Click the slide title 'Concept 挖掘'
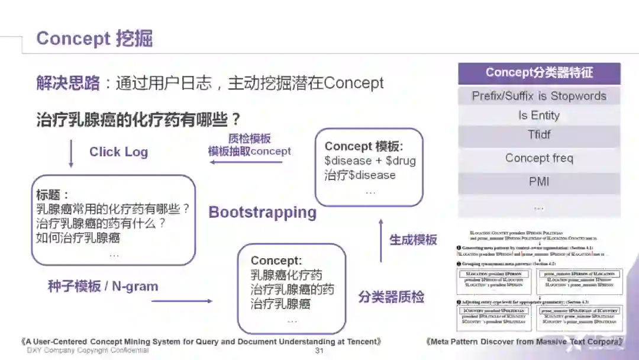pyautogui.click(x=95, y=38)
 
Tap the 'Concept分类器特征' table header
pyautogui.click(x=539, y=73)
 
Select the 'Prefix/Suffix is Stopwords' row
pyautogui.click(x=539, y=96)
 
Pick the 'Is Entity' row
pyautogui.click(x=539, y=115)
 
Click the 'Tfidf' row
pyautogui.click(x=539, y=134)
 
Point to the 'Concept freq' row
pyautogui.click(x=539, y=158)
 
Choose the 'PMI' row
pyautogui.click(x=539, y=181)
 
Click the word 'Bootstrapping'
pyautogui.click(x=263, y=212)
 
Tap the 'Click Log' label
pyautogui.click(x=118, y=152)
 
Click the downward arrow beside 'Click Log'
pyautogui.click(x=72, y=153)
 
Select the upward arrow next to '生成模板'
pyautogui.click(x=380, y=240)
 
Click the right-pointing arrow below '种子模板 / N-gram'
pyautogui.click(x=182, y=301)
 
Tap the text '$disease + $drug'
pyautogui.click(x=370, y=160)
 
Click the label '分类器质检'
pyautogui.click(x=391, y=297)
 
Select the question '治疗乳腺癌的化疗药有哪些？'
pyautogui.click(x=139, y=120)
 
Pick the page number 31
pyautogui.click(x=319, y=351)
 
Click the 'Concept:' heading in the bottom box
pyautogui.click(x=276, y=261)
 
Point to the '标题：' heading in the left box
pyautogui.click(x=53, y=194)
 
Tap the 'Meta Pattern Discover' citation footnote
pyautogui.click(x=524, y=342)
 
